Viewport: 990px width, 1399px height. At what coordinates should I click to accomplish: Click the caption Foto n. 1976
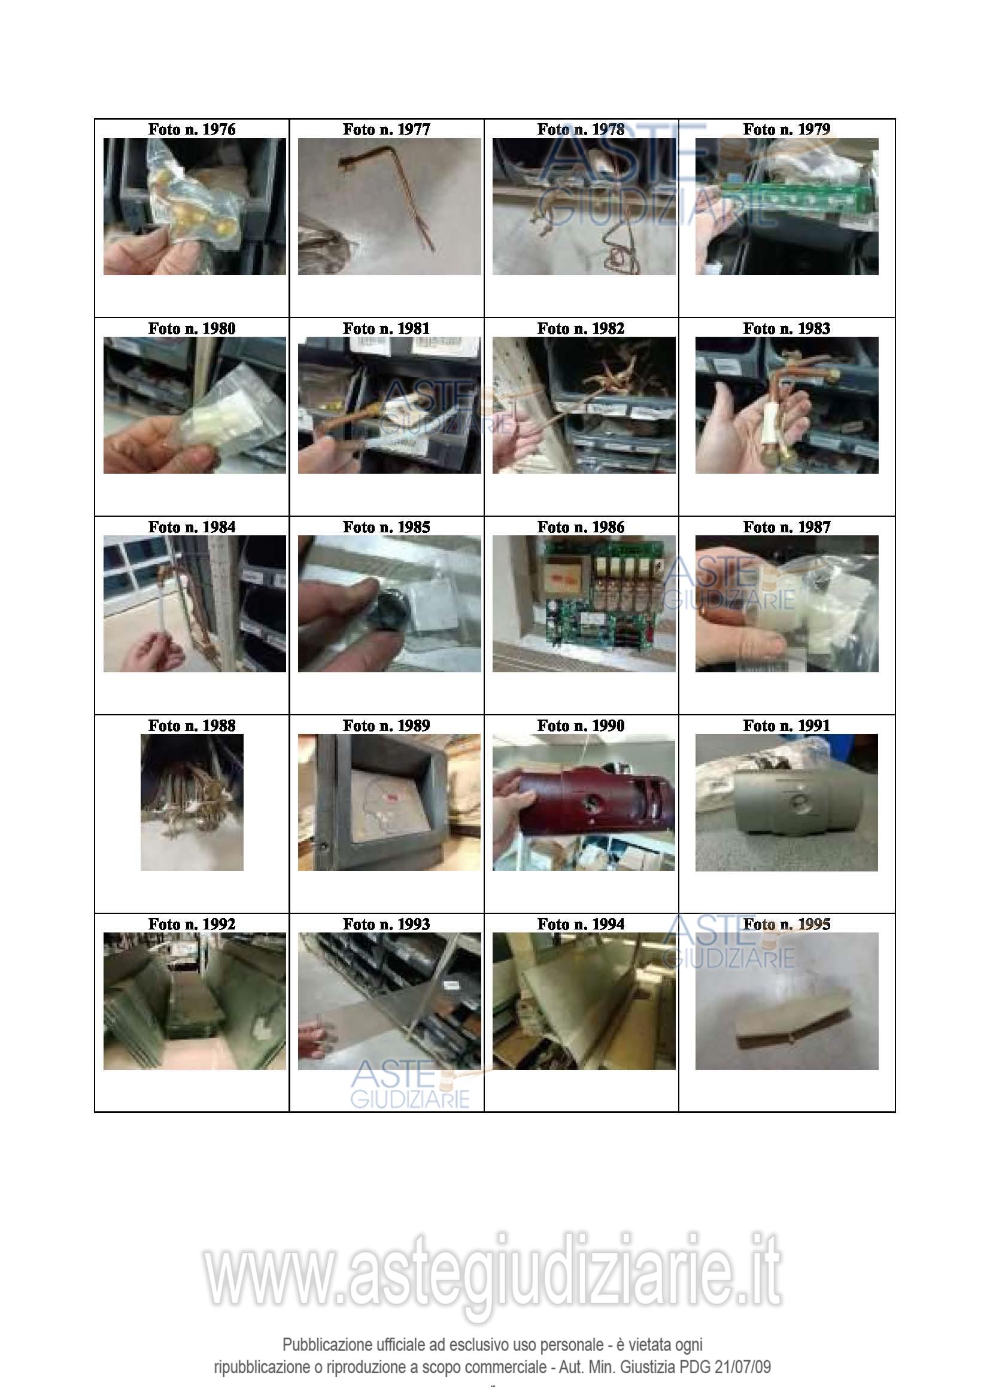coord(192,129)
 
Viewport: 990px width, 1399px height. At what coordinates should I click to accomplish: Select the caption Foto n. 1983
coord(786,328)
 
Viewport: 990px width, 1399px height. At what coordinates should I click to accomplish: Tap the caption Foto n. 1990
coord(581,726)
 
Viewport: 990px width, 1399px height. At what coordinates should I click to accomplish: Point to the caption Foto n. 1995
coord(786,924)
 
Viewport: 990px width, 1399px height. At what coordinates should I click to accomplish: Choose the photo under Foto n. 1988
coord(192,802)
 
